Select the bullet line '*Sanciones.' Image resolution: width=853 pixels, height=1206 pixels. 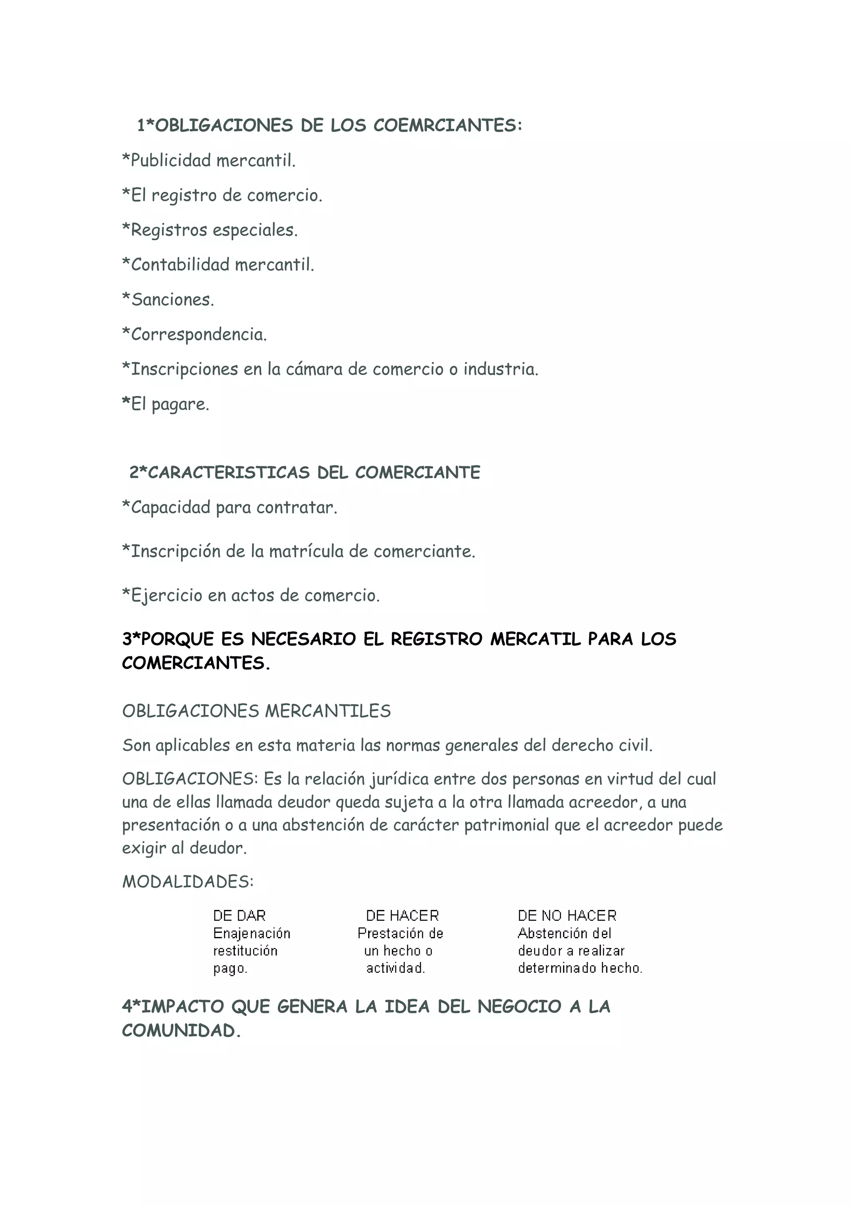168,299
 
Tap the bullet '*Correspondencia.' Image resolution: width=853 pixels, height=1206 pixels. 195,334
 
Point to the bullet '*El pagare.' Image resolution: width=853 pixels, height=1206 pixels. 165,404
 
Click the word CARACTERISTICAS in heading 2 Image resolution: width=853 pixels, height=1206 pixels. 229,472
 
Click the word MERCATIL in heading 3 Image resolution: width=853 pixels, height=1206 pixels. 536,639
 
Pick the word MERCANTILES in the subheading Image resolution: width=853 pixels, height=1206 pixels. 328,711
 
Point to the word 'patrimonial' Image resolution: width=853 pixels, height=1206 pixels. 507,825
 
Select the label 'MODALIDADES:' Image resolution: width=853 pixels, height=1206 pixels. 188,882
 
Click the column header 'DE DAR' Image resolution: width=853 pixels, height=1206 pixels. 239,915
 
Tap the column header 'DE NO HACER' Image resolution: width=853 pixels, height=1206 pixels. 567,915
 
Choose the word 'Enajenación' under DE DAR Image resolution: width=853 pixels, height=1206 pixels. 252,933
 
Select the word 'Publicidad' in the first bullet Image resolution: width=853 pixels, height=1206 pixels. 171,160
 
